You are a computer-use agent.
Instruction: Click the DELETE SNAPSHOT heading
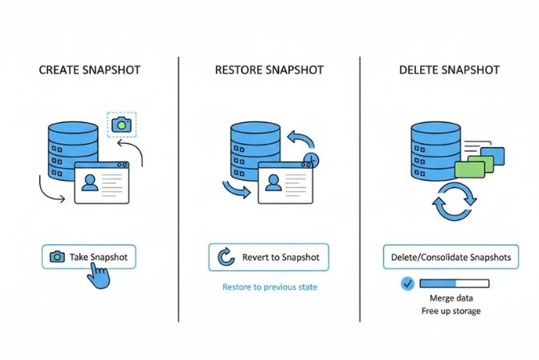tap(448, 70)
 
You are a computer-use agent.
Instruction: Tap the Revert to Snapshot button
tap(268, 258)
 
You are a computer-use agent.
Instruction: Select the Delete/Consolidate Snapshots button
tap(450, 258)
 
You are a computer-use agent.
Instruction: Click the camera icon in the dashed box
tap(121, 125)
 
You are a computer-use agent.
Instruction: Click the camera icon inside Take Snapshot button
tap(56, 257)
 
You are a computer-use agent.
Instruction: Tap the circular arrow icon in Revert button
tap(226, 258)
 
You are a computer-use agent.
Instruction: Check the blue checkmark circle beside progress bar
tap(406, 284)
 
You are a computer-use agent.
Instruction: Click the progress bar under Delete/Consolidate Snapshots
tap(454, 284)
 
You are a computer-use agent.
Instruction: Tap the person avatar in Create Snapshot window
tap(90, 184)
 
